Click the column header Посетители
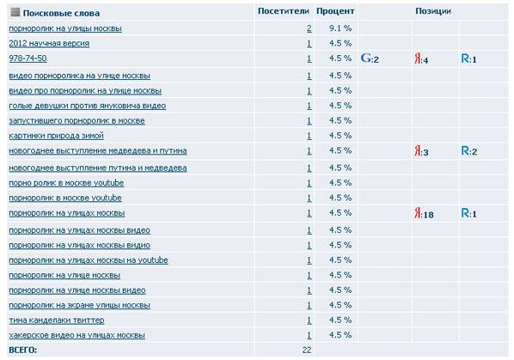284,11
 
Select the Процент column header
335,11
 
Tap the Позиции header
433,11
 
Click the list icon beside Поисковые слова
15,12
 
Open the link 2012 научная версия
49,44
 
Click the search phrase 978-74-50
28,58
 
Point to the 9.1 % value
340,28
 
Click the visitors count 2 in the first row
309,28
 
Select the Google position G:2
370,58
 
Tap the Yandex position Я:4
421,59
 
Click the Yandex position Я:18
424,214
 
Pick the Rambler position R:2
469,151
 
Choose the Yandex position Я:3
421,151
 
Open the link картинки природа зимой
57,136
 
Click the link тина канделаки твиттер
57,320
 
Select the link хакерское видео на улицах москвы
77,335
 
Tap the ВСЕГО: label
23,351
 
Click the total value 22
307,351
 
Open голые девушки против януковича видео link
88,106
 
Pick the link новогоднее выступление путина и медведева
98,168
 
